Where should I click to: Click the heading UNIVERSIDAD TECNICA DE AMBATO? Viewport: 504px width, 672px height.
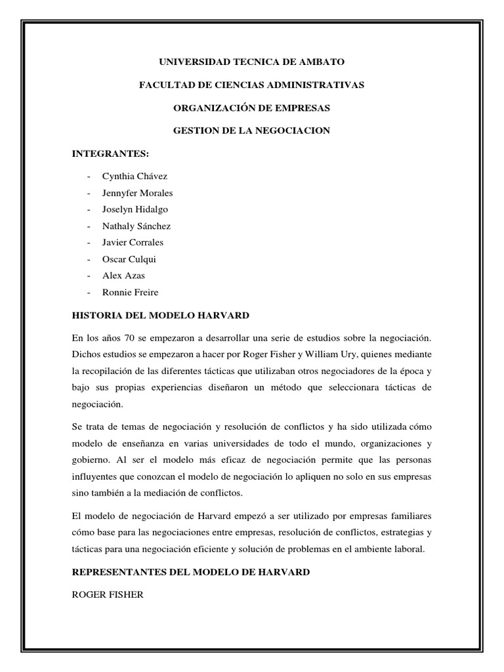pos(252,62)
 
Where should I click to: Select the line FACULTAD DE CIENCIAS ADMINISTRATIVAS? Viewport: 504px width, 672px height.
pos(252,85)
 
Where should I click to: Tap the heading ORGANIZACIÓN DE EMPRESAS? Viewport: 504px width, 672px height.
pos(252,108)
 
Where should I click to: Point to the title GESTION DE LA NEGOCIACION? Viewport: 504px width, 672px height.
pos(252,131)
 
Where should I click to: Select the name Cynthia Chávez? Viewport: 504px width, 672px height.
pos(135,177)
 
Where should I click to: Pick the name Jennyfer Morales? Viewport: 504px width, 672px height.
pos(138,193)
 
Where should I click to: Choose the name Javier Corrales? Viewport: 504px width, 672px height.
pos(133,242)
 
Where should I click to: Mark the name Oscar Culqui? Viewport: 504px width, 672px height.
pos(129,259)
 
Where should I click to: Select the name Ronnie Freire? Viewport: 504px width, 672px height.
pos(130,292)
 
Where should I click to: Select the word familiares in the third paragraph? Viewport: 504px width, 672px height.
pos(409,516)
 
